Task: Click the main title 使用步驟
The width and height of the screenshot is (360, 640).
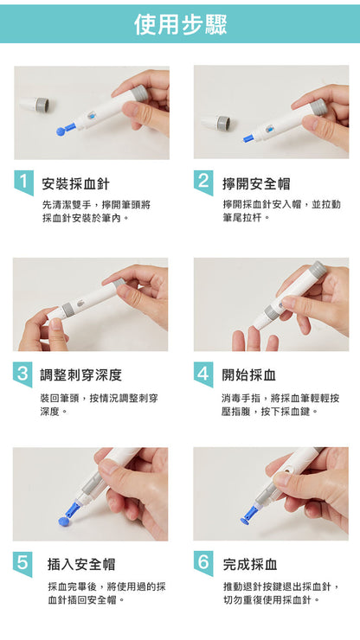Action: pos(180,24)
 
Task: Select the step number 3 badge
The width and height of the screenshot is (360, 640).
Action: pos(22,373)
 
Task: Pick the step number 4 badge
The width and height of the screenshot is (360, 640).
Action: pos(202,373)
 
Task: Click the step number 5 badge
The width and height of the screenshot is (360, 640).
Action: pos(22,562)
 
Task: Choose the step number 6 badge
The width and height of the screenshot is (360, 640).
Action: pos(202,562)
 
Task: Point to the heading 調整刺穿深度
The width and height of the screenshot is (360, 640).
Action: pos(81,375)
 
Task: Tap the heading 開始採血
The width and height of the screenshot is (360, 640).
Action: pos(249,375)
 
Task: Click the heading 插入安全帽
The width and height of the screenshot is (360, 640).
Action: pos(81,565)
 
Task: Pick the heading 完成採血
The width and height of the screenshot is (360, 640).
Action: pos(250,565)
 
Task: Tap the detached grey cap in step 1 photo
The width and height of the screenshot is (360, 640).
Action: pos(39,105)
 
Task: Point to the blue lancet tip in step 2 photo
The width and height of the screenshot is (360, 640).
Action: pos(248,138)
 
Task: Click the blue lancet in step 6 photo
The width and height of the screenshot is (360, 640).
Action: pos(249,515)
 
